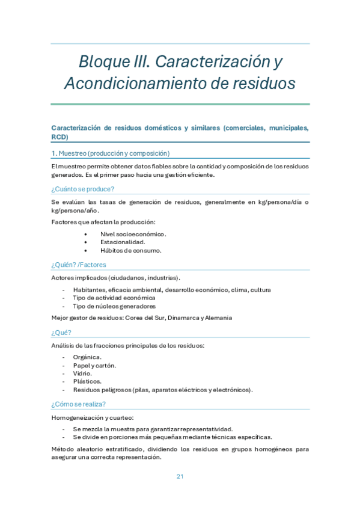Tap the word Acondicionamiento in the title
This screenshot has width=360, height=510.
click(x=135, y=83)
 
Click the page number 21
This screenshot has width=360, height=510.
click(x=180, y=476)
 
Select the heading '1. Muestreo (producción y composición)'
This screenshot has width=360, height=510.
click(x=111, y=153)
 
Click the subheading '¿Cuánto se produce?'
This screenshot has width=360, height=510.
click(x=83, y=189)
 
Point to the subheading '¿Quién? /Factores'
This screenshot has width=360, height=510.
click(x=79, y=265)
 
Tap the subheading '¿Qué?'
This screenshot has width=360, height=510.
click(x=61, y=332)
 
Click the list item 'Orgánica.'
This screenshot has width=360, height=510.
click(x=87, y=357)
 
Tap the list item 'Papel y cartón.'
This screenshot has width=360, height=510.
click(x=94, y=365)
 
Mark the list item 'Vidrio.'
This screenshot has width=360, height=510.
click(x=83, y=373)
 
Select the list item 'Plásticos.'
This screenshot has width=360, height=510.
click(x=87, y=381)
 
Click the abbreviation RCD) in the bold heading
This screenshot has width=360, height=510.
click(x=60, y=137)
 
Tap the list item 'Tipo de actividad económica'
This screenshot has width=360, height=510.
click(x=114, y=298)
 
